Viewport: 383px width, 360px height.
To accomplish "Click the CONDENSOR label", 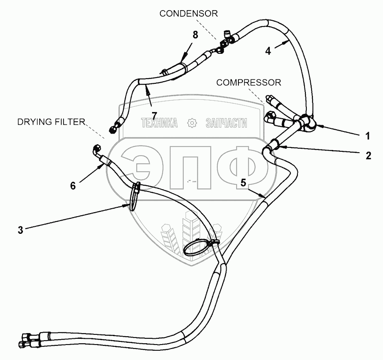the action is point(189,14).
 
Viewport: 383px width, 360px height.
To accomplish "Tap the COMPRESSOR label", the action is point(249,82).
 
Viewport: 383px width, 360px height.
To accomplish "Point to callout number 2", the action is point(368,155).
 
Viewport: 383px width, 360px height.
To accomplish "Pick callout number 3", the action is point(20,229).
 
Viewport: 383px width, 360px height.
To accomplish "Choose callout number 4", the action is point(268,51).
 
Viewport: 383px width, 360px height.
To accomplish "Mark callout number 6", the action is point(73,186).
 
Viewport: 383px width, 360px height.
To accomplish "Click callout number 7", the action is point(154,115).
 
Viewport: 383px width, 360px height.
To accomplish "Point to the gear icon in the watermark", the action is point(191,124).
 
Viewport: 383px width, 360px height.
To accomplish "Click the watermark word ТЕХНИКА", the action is point(159,124).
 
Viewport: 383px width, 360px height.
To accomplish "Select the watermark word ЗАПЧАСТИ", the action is point(226,124).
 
